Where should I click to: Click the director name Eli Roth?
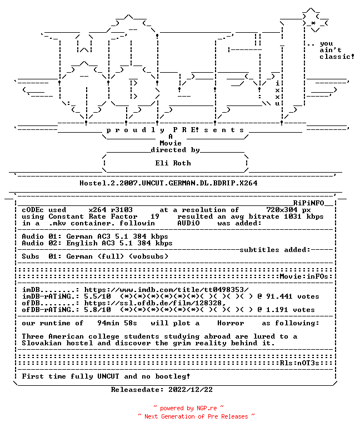[x=173, y=163]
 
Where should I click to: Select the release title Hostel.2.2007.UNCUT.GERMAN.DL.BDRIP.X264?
[x=168, y=183]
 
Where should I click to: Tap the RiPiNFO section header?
[x=308, y=203]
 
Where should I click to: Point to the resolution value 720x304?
[x=282, y=210]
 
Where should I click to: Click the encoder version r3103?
[x=122, y=210]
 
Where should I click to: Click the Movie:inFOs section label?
[x=304, y=276]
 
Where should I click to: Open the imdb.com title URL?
[x=166, y=290]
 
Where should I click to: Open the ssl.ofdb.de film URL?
[x=155, y=303]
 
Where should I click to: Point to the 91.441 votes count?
[x=293, y=296]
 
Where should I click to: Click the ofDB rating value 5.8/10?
[x=97, y=310]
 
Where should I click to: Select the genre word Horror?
[x=231, y=323]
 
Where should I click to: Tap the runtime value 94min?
[x=108, y=323]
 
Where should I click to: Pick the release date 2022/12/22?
[x=191, y=390]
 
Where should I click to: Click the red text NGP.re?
[x=207, y=408]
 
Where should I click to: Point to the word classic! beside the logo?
[x=337, y=57]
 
